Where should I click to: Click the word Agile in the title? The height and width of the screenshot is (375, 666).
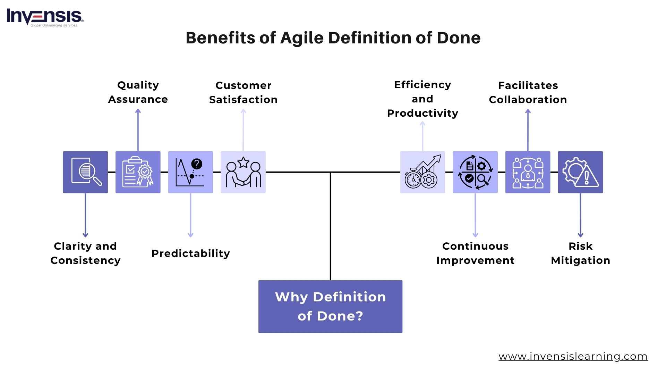pos(302,38)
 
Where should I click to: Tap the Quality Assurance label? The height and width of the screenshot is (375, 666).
pos(138,92)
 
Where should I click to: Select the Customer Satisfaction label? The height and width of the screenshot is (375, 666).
pos(243,92)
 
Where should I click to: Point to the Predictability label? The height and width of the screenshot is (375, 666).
pos(190,253)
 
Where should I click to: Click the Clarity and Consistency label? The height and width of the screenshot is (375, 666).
pos(85,253)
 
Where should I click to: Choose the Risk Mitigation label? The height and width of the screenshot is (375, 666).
pos(580,253)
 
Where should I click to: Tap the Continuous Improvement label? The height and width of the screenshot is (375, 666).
pos(475,253)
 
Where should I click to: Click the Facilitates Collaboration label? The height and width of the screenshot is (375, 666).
pos(528,92)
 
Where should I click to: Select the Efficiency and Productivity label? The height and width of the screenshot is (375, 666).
pos(422,99)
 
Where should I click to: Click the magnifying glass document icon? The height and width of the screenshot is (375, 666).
pos(85,172)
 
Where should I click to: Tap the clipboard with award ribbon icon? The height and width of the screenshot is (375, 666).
pos(138,172)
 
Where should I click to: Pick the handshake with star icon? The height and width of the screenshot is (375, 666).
pos(243,172)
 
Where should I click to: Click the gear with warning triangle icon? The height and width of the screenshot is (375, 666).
pos(580,172)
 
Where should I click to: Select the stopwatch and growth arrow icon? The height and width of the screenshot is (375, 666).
pos(422,172)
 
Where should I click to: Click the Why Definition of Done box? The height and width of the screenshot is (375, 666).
pos(330,306)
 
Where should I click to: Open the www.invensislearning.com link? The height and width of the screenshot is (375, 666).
pos(573,356)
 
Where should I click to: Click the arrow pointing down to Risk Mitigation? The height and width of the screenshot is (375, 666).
pos(580,215)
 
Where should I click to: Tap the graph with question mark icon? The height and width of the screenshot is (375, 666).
pos(190,172)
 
